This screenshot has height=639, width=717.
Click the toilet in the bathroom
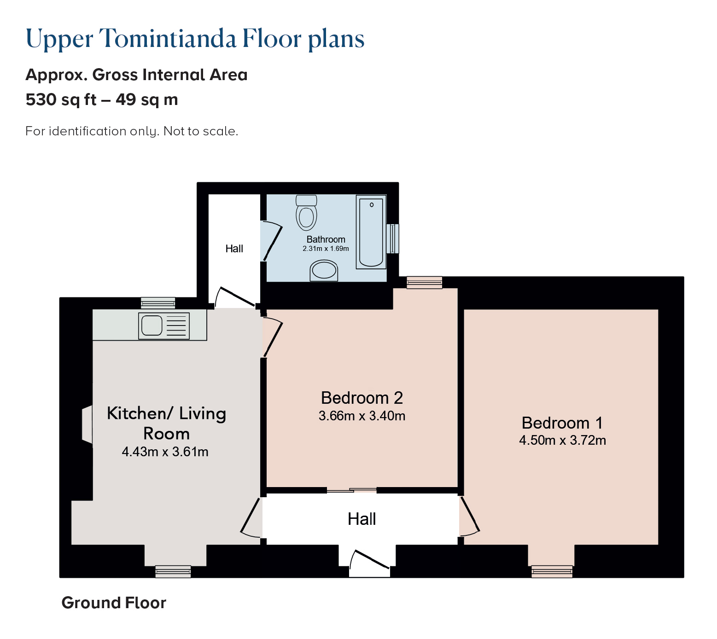tap(306, 212)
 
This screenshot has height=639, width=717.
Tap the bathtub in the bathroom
tap(371, 232)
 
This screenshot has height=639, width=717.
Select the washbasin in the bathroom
tap(324, 271)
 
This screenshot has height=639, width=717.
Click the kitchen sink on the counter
tap(164, 326)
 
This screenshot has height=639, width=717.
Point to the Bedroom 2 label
tap(362, 398)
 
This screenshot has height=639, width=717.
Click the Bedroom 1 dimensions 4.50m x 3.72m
tap(562, 441)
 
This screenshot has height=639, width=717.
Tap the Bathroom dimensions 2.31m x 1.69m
tap(326, 249)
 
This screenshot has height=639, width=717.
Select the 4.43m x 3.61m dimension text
tap(165, 452)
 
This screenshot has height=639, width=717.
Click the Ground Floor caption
tap(114, 603)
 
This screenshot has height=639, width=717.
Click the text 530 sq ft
tap(61, 99)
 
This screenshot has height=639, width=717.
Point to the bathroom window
tap(393, 238)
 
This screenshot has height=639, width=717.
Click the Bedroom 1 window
tap(552, 571)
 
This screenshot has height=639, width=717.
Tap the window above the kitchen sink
tap(158, 302)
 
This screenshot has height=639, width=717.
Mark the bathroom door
tap(271, 242)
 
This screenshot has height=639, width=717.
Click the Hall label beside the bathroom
tap(234, 249)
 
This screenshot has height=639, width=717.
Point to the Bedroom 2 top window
tap(424, 283)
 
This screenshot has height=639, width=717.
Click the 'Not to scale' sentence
tap(201, 131)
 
